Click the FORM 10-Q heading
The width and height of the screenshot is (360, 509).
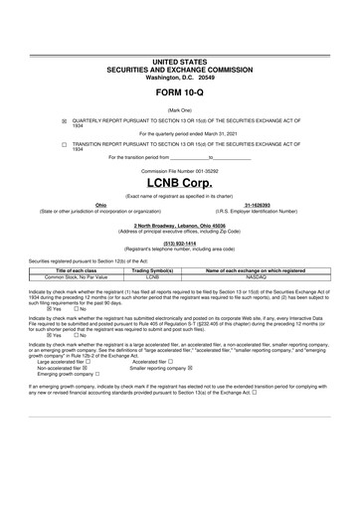point(179,92)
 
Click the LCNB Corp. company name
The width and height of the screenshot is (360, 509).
point(179,184)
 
